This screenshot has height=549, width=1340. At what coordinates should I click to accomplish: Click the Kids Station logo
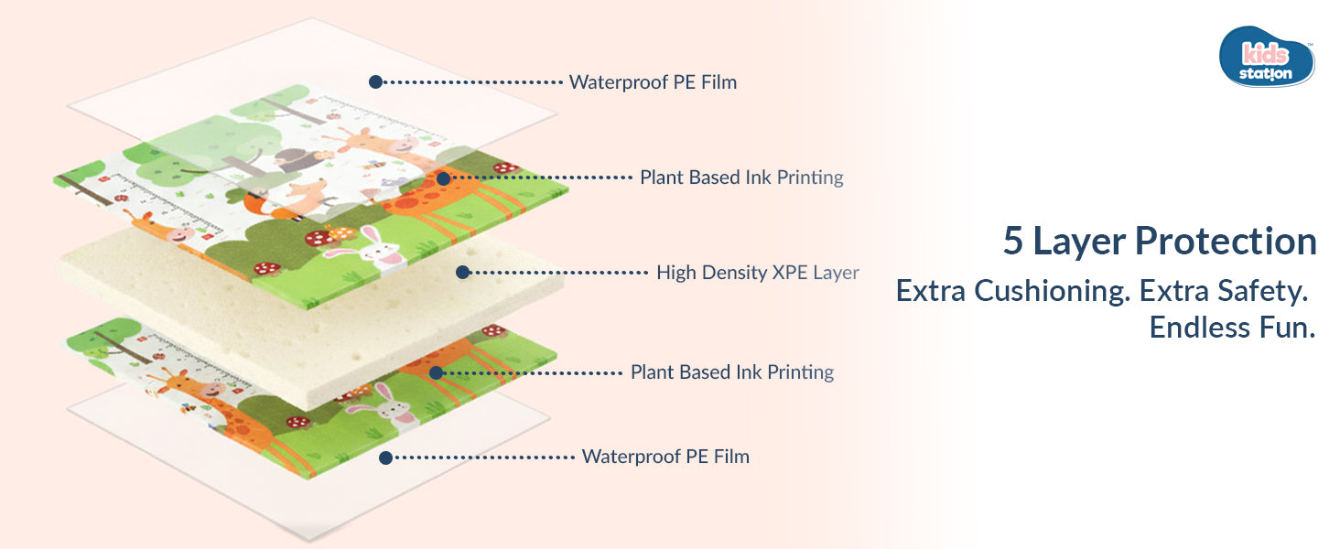(1267, 57)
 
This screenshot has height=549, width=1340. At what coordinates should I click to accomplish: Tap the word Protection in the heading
(1226, 242)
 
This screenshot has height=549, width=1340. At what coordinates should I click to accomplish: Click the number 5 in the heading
(1013, 242)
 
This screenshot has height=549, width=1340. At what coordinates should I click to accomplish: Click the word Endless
(1195, 327)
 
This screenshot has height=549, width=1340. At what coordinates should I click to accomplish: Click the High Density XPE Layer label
(757, 272)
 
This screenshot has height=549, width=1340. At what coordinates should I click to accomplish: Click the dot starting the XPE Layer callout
(462, 272)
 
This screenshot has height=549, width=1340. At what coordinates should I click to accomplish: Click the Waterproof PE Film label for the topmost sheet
(653, 82)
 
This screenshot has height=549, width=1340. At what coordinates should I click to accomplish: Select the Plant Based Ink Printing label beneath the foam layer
(731, 372)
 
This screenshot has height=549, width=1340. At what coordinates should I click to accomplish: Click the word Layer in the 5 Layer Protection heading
(1081, 242)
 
